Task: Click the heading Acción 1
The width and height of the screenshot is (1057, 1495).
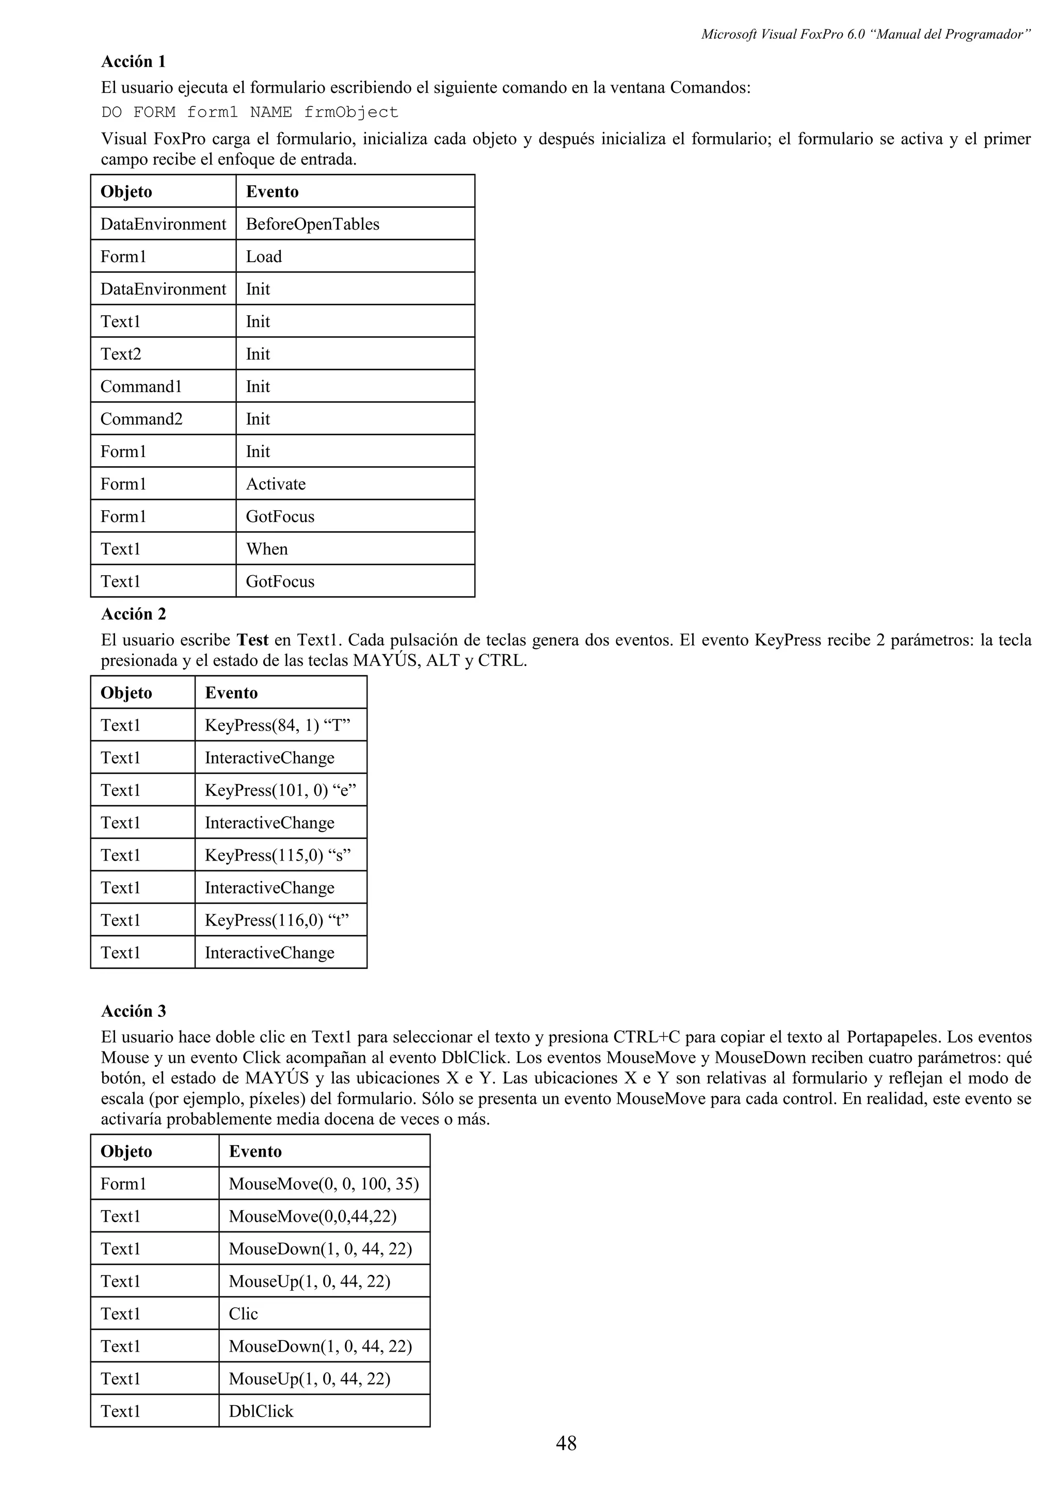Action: (134, 62)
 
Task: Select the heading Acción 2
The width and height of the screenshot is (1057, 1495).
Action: (134, 614)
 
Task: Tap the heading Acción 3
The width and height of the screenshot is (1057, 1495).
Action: (134, 1011)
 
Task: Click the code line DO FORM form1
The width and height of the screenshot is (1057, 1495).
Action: (249, 112)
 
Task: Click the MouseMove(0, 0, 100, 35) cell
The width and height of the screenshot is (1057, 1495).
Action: (324, 1184)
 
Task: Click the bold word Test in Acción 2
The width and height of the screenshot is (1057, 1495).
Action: (253, 640)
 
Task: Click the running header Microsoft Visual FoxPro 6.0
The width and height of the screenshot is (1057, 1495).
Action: (865, 35)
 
